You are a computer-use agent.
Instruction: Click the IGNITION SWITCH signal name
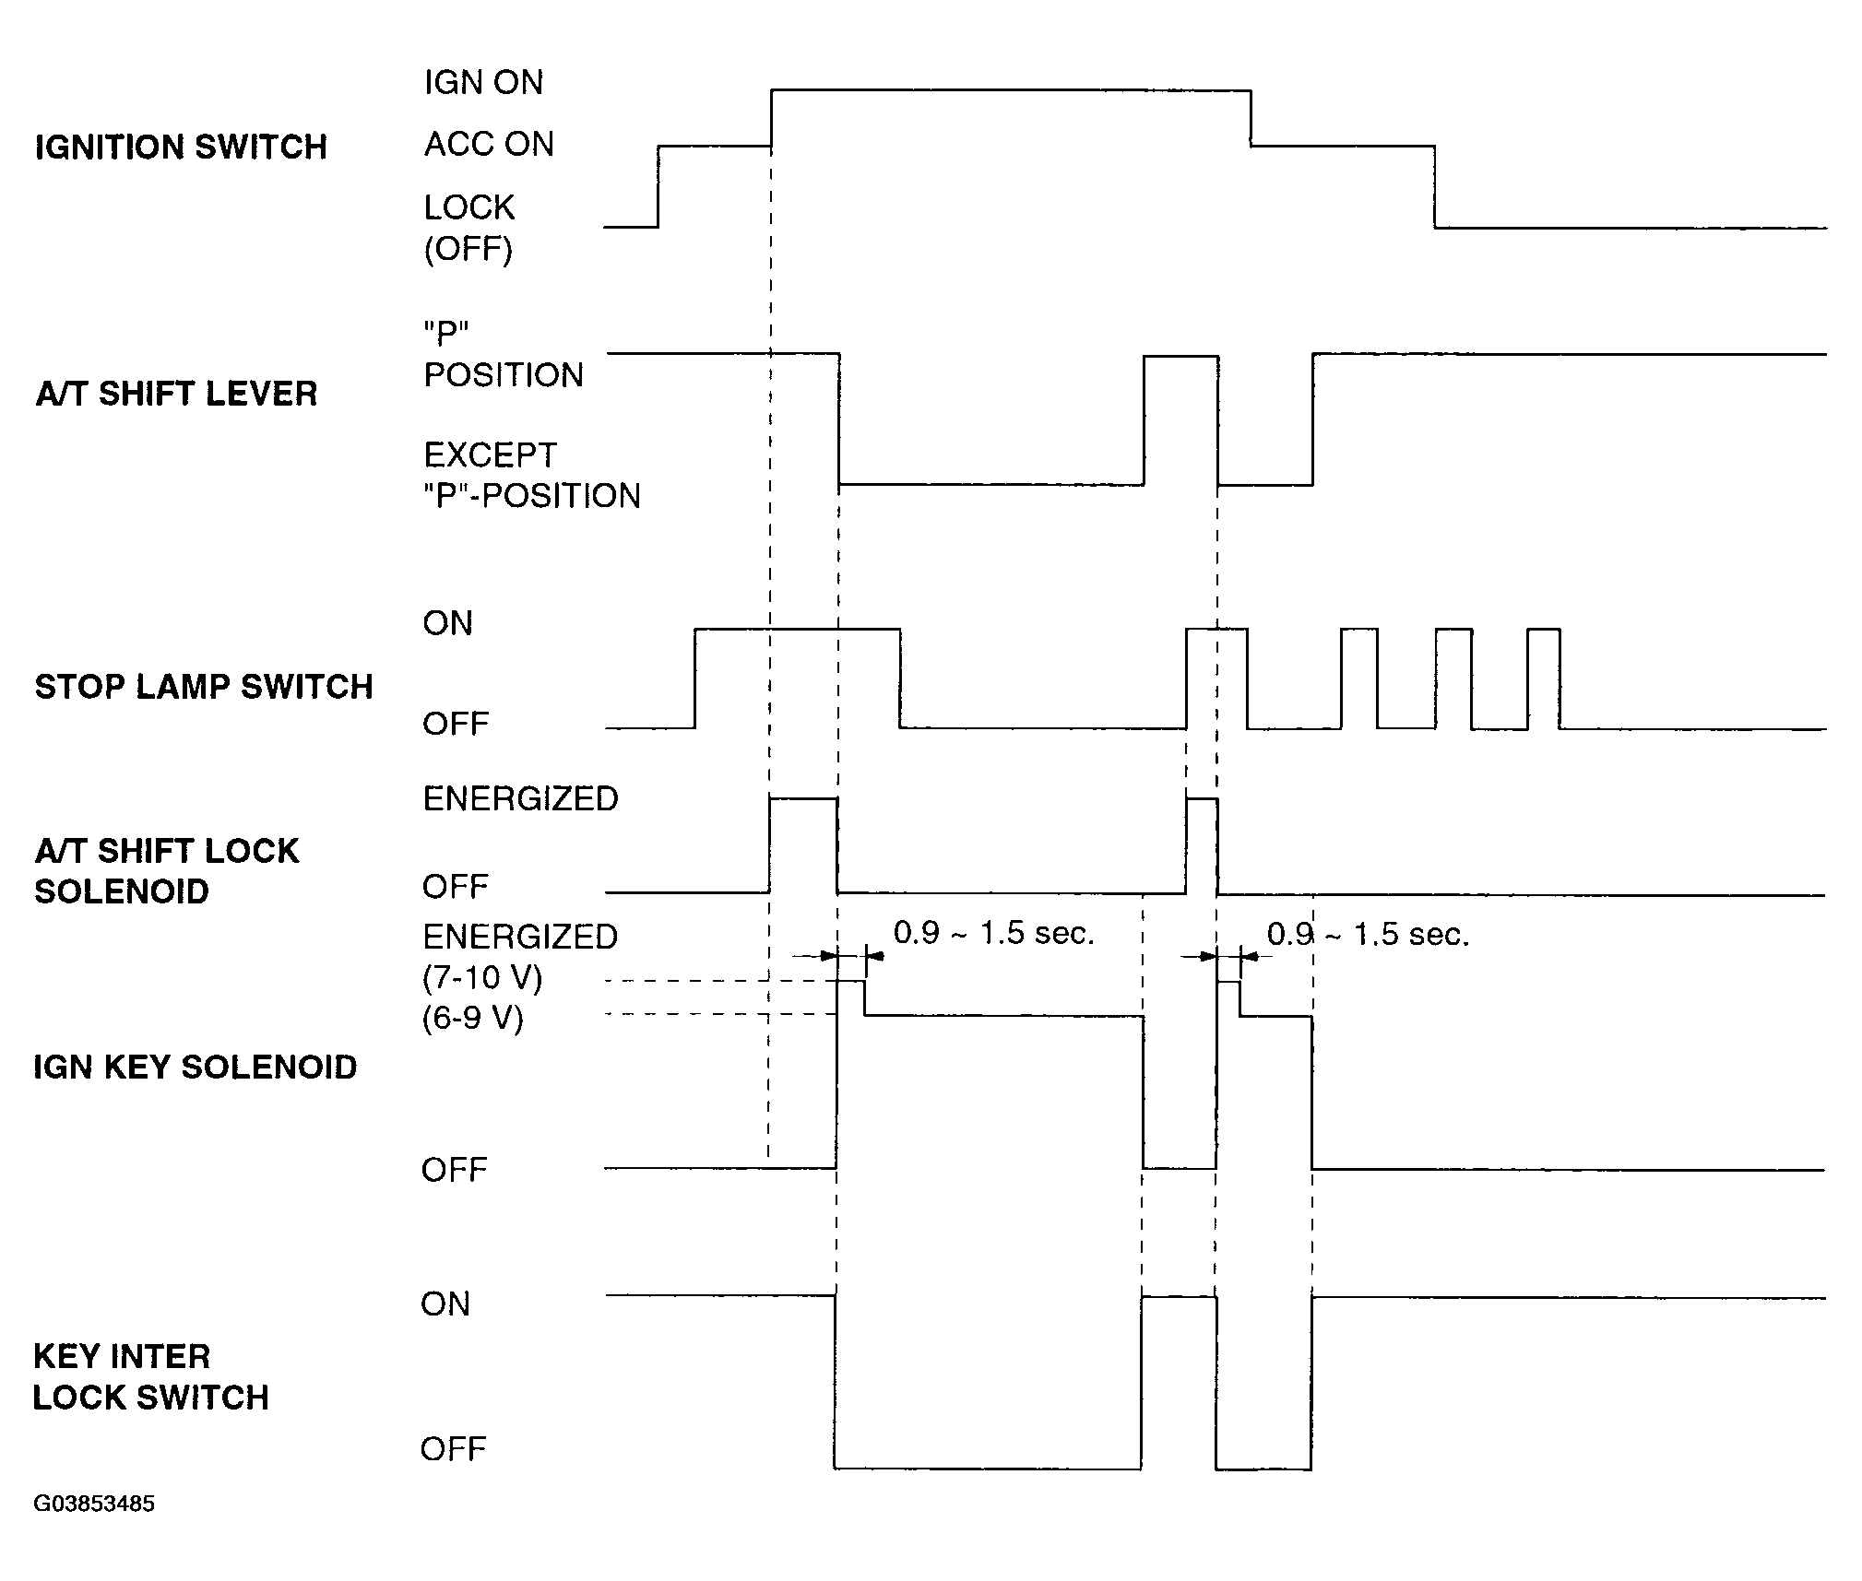[x=181, y=147]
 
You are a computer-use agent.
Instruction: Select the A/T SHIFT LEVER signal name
[x=176, y=394]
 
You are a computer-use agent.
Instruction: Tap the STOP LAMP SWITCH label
[x=204, y=687]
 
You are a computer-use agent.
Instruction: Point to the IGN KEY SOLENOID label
[x=196, y=1068]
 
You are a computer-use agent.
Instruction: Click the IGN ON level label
[x=483, y=83]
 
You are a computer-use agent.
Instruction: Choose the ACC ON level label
[x=489, y=145]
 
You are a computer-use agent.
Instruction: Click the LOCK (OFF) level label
[x=468, y=228]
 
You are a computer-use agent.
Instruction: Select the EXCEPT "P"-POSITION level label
[x=531, y=476]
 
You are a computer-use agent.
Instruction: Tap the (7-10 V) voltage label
[x=482, y=977]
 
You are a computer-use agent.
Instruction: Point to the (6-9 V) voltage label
[x=473, y=1019]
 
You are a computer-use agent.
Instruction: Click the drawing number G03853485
[x=94, y=1504]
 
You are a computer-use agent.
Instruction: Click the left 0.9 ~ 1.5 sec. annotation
[x=993, y=934]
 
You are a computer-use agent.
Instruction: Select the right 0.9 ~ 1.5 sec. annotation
[x=1368, y=935]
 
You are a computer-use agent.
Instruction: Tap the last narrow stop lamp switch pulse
[x=1543, y=678]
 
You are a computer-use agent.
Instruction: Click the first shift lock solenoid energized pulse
[x=803, y=844]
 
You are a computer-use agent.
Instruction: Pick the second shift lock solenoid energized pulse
[x=1201, y=844]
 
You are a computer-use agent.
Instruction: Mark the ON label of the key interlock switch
[x=445, y=1304]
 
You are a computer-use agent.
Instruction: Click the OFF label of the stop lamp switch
[x=456, y=725]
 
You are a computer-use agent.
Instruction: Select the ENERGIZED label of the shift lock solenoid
[x=520, y=799]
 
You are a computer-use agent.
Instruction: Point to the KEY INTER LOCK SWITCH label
[x=150, y=1377]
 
